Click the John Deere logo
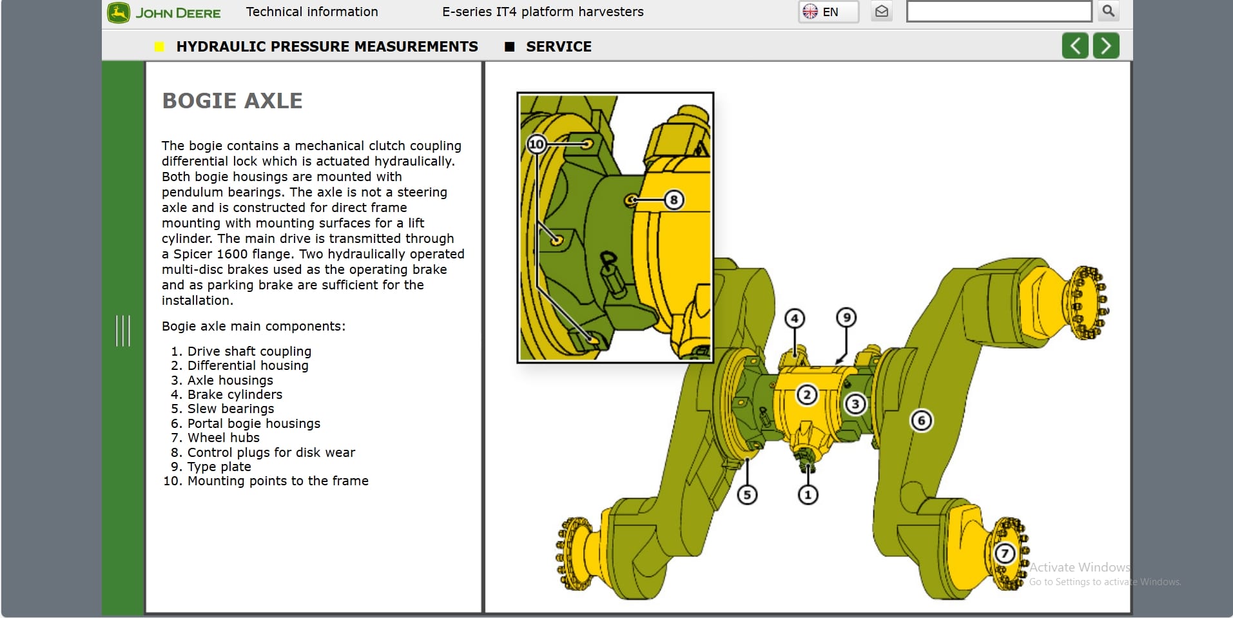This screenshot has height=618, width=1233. tap(164, 13)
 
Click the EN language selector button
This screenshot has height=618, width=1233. tap(828, 12)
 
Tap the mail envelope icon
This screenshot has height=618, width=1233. tap(882, 12)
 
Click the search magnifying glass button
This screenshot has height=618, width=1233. tap(1108, 11)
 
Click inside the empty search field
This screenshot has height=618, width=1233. tap(998, 12)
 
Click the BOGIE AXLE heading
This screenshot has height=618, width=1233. tap(232, 101)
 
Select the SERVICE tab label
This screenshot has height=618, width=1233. tap(558, 46)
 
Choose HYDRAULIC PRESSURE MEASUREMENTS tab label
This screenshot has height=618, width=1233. tap(327, 46)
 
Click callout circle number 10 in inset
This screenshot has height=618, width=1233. tap(536, 144)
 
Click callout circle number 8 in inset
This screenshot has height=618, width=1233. tap(674, 200)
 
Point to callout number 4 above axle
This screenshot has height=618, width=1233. tap(795, 318)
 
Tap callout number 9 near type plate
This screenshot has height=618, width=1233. tap(846, 317)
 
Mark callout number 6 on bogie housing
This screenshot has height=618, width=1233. tap(921, 421)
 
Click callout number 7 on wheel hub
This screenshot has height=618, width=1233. tap(1004, 553)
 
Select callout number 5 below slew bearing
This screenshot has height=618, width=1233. tap(747, 495)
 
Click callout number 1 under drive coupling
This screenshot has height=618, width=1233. tap(808, 495)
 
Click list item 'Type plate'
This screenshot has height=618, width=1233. tap(218, 467)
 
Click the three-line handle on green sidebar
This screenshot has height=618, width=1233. tap(122, 331)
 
